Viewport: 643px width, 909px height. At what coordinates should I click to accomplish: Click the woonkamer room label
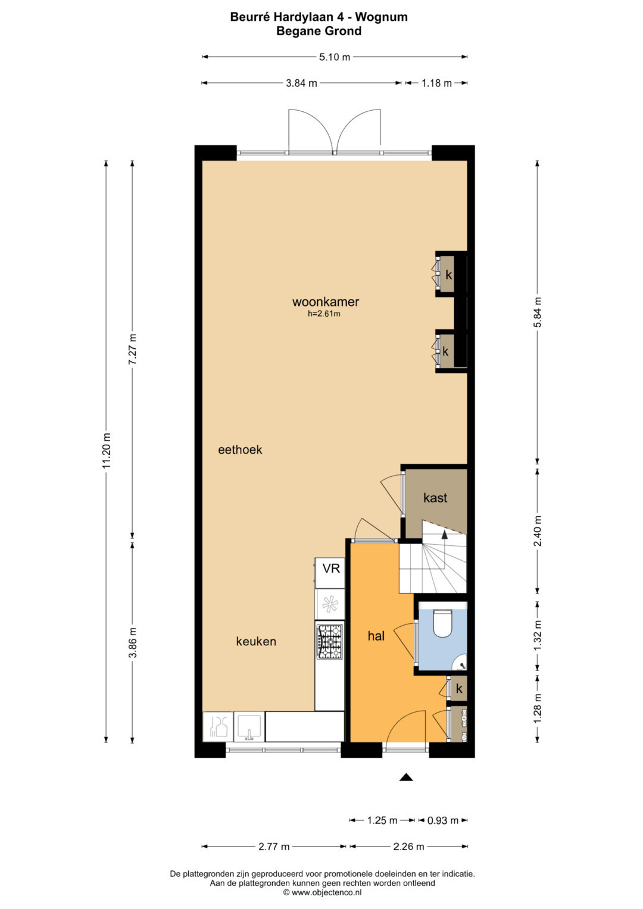click(x=326, y=302)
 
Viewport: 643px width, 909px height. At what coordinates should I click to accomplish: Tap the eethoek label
click(x=240, y=449)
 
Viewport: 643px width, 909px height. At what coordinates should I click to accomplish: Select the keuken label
click(x=256, y=642)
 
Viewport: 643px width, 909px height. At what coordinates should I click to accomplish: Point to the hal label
click(x=376, y=636)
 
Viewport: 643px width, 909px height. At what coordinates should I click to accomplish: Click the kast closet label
click(x=435, y=498)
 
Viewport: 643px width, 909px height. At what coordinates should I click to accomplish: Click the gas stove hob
click(x=330, y=642)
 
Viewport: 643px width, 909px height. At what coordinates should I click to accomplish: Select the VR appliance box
click(x=330, y=568)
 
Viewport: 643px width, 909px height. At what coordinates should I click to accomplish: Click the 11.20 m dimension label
click(x=107, y=451)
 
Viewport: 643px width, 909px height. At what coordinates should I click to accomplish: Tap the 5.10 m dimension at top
click(x=334, y=57)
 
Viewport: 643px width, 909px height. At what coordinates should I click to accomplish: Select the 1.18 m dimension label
click(x=436, y=83)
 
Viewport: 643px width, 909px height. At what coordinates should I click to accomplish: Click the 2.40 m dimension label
click(x=538, y=531)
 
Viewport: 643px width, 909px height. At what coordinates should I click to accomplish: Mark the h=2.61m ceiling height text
click(x=323, y=313)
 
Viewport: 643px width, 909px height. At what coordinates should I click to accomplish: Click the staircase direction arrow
click(x=445, y=551)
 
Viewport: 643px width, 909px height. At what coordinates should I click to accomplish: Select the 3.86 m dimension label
click(x=133, y=642)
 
